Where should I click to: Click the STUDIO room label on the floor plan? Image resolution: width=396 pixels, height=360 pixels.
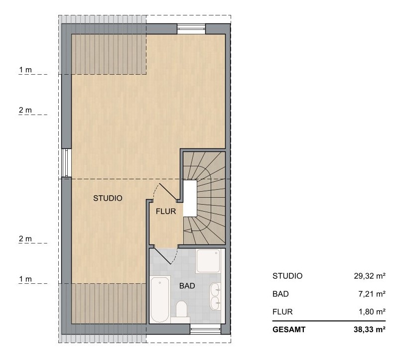[x=108, y=198]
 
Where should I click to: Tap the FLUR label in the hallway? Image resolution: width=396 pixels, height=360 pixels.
[x=166, y=211]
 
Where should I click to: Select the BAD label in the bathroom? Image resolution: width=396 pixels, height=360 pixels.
[x=187, y=286]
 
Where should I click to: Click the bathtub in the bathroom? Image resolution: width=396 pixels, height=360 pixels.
[x=160, y=299]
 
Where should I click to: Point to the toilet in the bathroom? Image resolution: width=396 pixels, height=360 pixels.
[x=181, y=309]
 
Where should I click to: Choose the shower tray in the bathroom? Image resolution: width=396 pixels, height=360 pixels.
[x=208, y=261]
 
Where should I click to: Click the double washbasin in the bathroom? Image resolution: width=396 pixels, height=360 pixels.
[x=215, y=296]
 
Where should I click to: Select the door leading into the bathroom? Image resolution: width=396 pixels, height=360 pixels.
[x=164, y=256]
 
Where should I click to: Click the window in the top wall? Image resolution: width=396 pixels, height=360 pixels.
[x=191, y=29]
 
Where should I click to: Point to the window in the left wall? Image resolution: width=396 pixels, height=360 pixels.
[x=66, y=163]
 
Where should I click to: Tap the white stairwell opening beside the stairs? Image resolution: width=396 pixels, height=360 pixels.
[x=190, y=198]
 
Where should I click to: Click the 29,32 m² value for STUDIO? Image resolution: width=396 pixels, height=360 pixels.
[x=370, y=276]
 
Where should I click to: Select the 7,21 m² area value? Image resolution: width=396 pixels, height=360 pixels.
[x=372, y=294]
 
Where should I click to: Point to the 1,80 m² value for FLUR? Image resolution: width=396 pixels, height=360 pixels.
[x=372, y=312]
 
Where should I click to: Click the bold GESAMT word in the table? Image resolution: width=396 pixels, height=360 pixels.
[x=289, y=330]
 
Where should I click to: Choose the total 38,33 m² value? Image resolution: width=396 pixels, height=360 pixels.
[x=370, y=330]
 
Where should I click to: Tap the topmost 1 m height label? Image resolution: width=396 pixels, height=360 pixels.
[x=25, y=70]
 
